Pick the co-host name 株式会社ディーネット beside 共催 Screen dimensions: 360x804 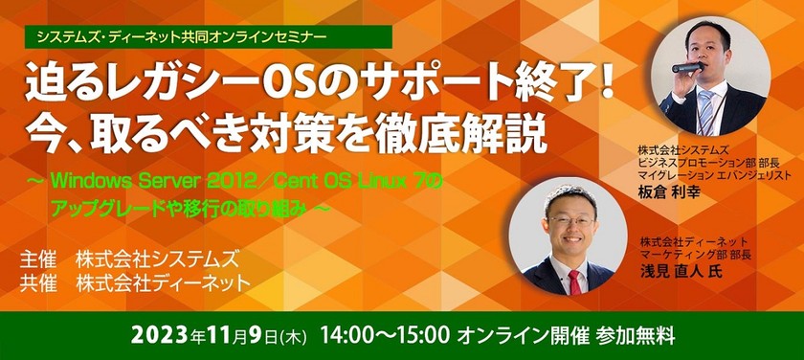point(164,283)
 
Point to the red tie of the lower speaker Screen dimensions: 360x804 point(575,281)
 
